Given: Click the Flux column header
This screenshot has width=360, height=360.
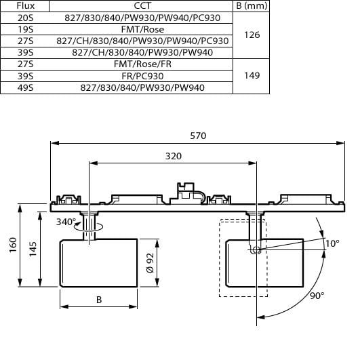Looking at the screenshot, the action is point(26,5).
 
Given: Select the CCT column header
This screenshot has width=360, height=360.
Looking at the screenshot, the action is point(142,5).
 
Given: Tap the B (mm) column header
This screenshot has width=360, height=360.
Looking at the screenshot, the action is point(252,5).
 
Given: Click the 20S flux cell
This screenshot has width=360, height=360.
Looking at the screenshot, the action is point(26,18).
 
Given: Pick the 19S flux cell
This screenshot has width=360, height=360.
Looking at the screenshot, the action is point(26,29).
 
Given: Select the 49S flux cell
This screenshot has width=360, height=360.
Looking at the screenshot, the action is point(26,87).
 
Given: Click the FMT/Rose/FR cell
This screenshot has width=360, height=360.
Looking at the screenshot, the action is point(142,64).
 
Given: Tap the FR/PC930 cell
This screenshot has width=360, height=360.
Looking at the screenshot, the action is point(142,76).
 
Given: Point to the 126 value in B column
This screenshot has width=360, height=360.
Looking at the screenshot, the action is point(252,35).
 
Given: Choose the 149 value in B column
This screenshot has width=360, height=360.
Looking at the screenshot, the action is point(252,75).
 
